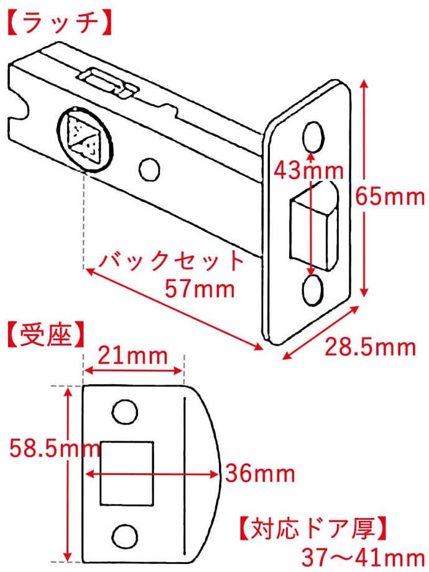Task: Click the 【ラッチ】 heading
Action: point(58,23)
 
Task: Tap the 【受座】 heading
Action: point(45,334)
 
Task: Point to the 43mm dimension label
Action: point(308,170)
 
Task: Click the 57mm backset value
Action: point(200,289)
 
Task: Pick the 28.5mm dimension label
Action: point(371,347)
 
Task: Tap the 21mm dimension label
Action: point(133,356)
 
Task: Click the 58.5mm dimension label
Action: point(55,448)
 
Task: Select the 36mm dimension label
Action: point(260,473)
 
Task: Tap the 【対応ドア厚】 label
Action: point(312,528)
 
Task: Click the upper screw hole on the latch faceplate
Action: point(314,136)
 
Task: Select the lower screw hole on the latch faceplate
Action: point(313,290)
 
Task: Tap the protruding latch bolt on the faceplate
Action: point(314,226)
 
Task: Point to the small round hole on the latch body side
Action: point(149,169)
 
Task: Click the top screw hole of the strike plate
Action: point(125,412)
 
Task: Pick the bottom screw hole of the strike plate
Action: point(125,536)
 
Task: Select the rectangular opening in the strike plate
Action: point(127,473)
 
